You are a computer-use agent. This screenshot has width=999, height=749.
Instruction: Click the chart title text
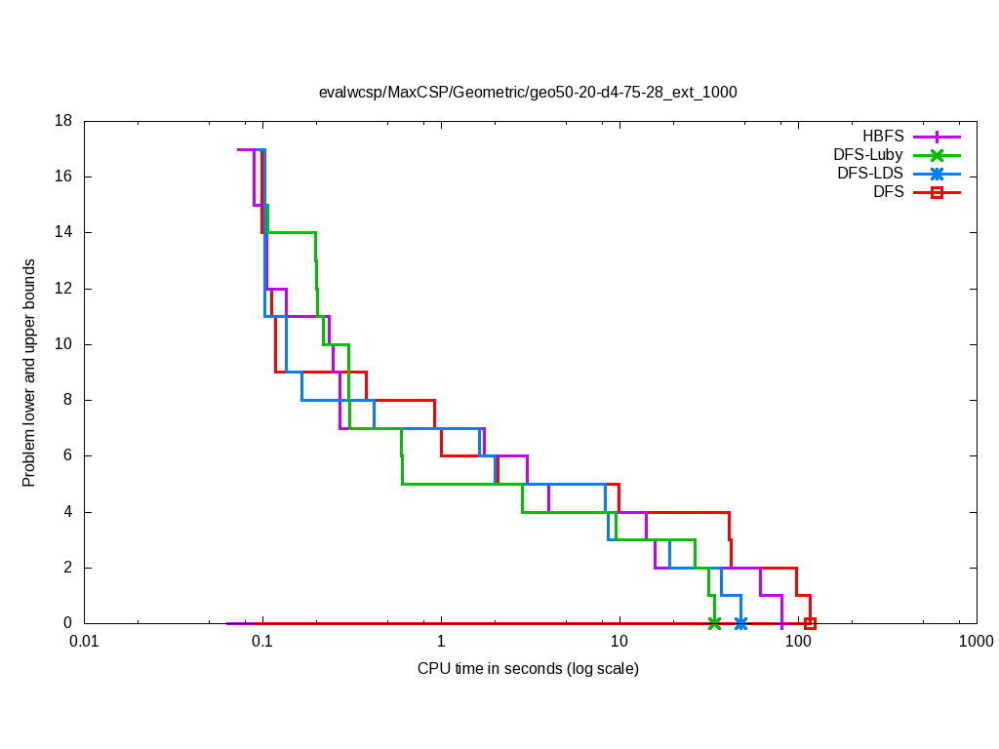[528, 93]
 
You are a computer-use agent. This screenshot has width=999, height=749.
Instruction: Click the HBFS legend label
[883, 137]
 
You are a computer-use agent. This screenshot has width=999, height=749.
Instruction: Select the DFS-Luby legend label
[868, 155]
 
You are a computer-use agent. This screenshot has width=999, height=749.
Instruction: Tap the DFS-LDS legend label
[870, 174]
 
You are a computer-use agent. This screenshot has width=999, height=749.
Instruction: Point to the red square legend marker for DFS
[937, 192]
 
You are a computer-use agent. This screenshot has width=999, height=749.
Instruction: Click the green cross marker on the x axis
[714, 623]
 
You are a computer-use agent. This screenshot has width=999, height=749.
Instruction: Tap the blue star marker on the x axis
[741, 623]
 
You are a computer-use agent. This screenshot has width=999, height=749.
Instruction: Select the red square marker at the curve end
[810, 623]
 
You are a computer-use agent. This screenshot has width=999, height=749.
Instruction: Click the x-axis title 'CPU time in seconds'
[528, 669]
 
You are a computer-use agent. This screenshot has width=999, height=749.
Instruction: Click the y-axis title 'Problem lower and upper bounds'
[29, 373]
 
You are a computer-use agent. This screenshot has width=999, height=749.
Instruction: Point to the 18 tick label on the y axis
[64, 121]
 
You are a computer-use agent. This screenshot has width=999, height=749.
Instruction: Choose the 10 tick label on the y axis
[64, 344]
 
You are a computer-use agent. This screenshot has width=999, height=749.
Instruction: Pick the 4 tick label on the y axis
[68, 512]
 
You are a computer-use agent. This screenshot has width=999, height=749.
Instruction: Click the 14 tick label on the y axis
[64, 232]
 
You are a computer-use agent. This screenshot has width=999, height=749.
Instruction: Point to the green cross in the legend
[937, 155]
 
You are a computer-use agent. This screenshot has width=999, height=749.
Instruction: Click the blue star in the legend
[937, 174]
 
